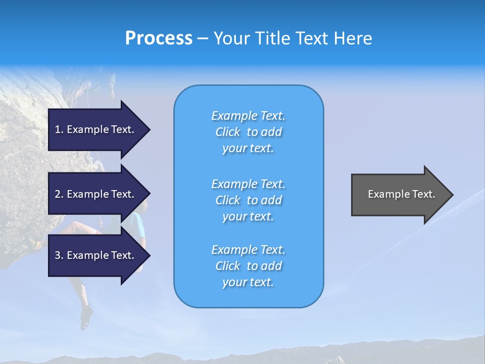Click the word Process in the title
tap(159, 38)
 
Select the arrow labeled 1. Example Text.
tap(96, 129)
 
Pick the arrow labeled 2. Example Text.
tap(96, 194)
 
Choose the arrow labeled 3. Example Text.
tap(96, 255)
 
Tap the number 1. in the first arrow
tap(59, 129)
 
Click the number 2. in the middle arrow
tap(59, 194)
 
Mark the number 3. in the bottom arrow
tap(59, 255)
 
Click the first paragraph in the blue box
tap(248, 132)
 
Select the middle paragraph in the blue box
tap(248, 200)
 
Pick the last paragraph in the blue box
tap(248, 266)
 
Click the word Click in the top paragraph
tap(228, 132)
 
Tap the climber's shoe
tap(86, 317)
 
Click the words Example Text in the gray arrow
tap(401, 194)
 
